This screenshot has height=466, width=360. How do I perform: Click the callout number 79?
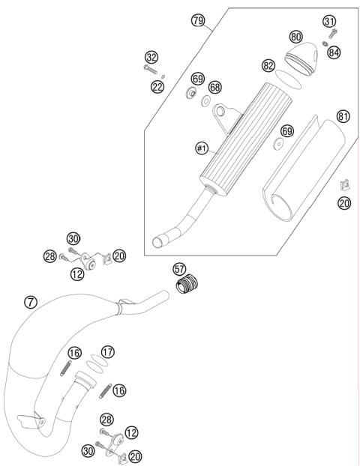coord(198,21)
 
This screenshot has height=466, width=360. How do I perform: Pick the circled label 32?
coord(152,57)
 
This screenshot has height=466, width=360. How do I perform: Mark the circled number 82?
coord(268,66)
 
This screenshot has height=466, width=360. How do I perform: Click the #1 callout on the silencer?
coord(201,149)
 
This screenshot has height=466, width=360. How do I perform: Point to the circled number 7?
coord(30,302)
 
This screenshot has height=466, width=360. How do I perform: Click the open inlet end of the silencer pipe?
coord(158,241)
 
